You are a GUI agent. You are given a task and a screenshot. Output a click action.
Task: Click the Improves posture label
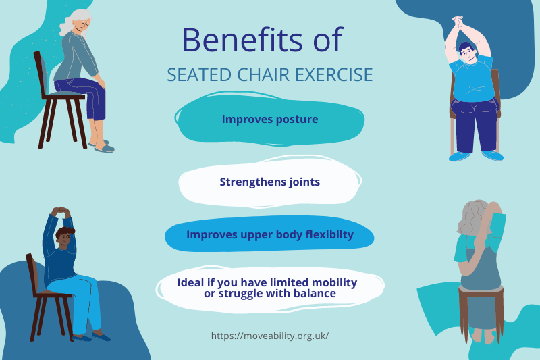[269, 119]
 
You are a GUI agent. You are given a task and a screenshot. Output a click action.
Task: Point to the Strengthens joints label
[269, 182]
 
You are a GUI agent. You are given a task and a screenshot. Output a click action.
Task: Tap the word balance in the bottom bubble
[315, 294]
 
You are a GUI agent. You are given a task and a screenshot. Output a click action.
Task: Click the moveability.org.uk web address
[269, 336]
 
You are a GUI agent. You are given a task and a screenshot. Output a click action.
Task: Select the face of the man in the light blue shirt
[466, 53]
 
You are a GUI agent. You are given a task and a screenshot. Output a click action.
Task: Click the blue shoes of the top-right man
[476, 156]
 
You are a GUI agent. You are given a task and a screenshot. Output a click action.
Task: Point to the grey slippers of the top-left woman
[102, 147]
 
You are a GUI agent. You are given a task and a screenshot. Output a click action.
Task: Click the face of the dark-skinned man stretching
[65, 238]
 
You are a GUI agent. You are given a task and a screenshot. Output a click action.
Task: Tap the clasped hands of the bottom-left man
[61, 211]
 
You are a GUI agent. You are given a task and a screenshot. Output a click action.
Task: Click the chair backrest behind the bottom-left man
[32, 274]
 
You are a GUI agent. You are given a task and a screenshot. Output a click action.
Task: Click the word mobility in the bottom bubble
[334, 282]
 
